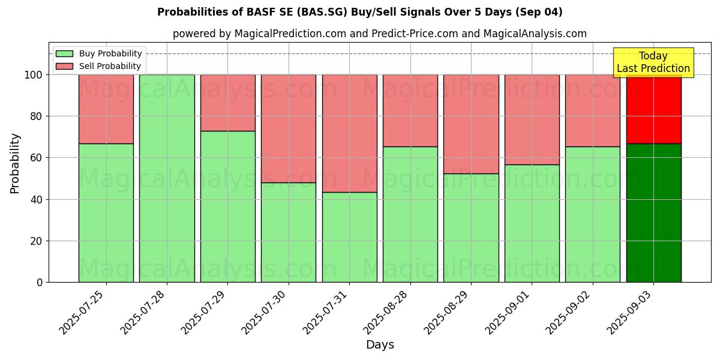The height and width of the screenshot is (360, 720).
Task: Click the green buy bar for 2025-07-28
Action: (x=167, y=178)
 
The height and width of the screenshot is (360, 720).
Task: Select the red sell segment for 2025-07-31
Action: (x=349, y=133)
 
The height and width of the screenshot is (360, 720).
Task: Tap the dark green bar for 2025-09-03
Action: (x=653, y=212)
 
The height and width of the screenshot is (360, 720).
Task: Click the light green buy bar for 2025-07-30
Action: (x=289, y=232)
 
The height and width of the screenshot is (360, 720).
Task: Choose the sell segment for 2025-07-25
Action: (x=106, y=109)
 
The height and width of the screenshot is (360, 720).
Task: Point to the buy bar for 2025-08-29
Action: (x=471, y=227)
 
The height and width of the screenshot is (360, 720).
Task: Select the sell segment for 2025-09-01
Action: (x=532, y=119)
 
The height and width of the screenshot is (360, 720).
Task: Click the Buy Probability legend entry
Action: (x=99, y=53)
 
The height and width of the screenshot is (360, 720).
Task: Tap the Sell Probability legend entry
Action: (x=99, y=66)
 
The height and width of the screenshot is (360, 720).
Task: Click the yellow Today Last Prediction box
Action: (x=653, y=62)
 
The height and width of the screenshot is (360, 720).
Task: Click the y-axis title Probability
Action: (x=15, y=163)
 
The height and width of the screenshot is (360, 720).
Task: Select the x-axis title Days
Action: (x=380, y=345)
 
